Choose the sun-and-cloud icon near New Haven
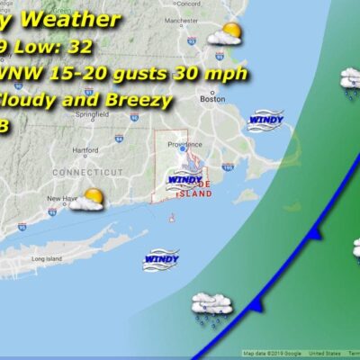pyautogui.click(x=87, y=199)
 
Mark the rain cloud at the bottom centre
pyautogui.click(x=211, y=306)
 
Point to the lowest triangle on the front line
pyautogui.click(x=255, y=308)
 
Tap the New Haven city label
pyautogui.click(x=59, y=200)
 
